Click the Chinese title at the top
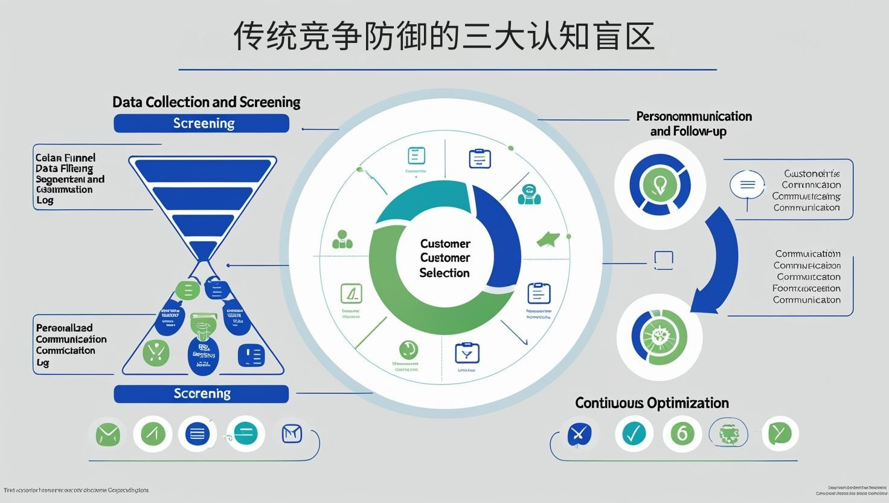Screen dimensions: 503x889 (444, 36)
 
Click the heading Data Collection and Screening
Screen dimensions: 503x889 (207, 102)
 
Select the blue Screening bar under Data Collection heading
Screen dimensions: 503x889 (202, 123)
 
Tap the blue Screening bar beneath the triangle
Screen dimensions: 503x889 (202, 394)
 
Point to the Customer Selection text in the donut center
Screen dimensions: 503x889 (444, 258)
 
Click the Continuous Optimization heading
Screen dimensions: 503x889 (652, 403)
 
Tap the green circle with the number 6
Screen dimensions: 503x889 (682, 433)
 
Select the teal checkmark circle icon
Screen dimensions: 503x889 (634, 433)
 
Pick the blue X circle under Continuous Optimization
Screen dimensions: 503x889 (579, 433)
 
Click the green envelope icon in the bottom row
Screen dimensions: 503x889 (108, 434)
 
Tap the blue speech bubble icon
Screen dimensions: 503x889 (747, 185)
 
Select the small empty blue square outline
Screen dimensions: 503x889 (664, 260)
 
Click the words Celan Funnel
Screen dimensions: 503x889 (65, 158)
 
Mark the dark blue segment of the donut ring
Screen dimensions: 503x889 (501, 236)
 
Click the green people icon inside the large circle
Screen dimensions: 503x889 (342, 240)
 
